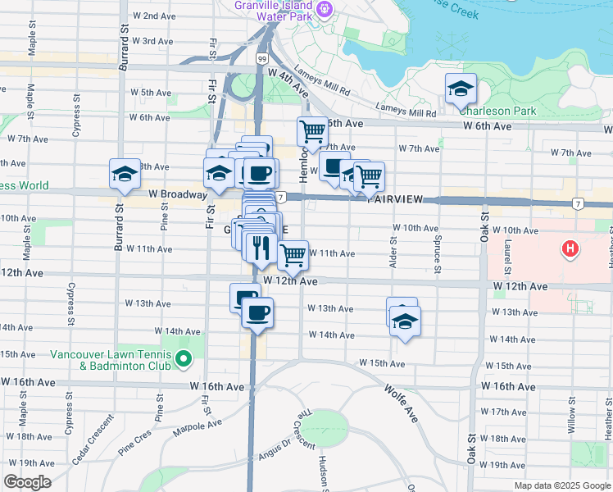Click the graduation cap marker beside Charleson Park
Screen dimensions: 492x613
(461, 89)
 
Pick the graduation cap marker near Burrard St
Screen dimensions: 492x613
(125, 174)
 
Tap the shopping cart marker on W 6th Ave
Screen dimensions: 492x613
(312, 131)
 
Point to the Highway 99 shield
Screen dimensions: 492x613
(261, 59)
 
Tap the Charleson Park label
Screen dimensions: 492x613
(497, 111)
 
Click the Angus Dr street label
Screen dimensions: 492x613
(275, 447)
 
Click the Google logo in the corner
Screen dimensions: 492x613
(27, 483)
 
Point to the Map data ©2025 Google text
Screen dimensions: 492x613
(561, 485)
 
